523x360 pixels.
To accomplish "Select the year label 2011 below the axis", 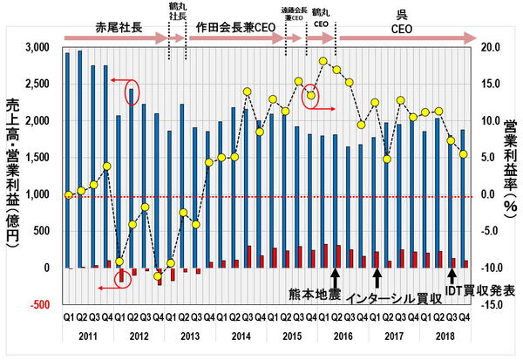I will point(86,335).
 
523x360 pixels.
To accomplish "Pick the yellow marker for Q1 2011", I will point(68,195).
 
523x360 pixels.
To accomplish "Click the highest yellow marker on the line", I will point(323,61).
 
